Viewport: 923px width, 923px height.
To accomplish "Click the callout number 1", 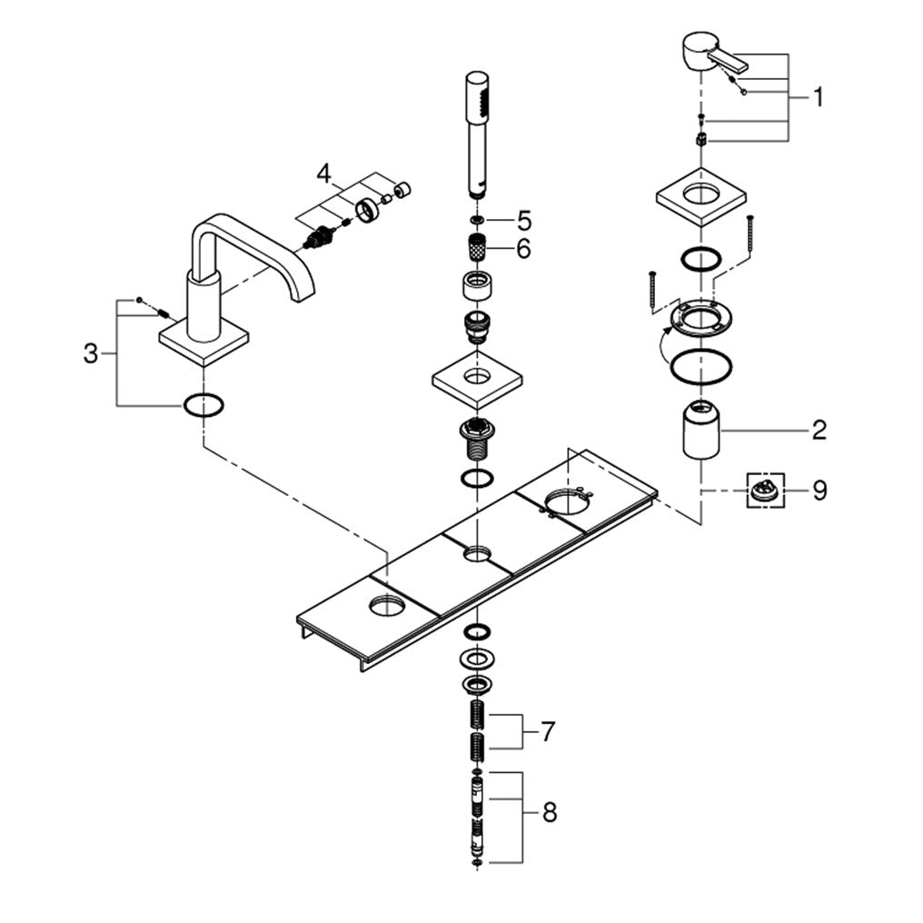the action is pos(819,97).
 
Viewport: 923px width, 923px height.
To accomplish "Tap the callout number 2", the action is pos(819,431).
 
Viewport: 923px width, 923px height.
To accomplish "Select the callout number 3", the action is pos(90,354).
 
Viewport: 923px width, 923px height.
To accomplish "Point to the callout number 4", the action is pos(323,174).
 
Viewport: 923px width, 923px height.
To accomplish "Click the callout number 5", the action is pos(524,222).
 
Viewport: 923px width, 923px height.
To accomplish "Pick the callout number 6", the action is pos(523,249).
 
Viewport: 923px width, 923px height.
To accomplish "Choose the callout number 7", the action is pos(548,732).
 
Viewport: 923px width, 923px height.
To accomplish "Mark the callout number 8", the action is pos(550,813).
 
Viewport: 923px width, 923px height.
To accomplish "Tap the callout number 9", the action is pos(819,491).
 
